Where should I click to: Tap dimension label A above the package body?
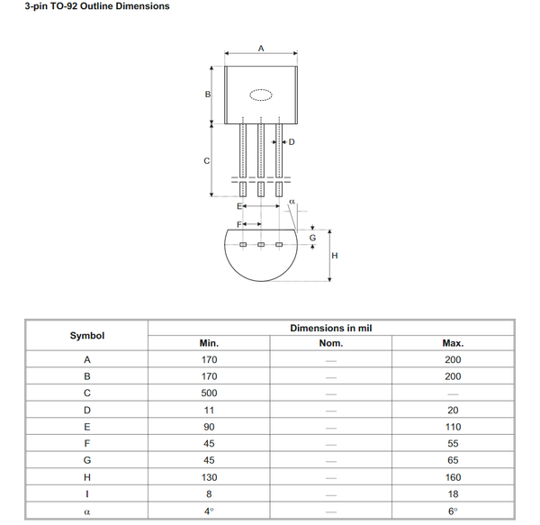pyautogui.click(x=261, y=48)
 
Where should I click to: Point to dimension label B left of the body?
pyautogui.click(x=207, y=95)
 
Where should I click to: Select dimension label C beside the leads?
pyautogui.click(x=207, y=161)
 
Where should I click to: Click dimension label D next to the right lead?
pyautogui.click(x=292, y=142)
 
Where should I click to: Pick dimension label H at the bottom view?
pyautogui.click(x=335, y=256)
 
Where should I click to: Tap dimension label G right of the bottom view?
pyautogui.click(x=312, y=238)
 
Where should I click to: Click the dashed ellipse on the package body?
pyautogui.click(x=261, y=95)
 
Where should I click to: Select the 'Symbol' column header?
pyautogui.click(x=87, y=336)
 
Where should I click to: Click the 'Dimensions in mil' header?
pyautogui.click(x=330, y=328)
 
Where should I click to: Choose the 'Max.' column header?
pyautogui.click(x=453, y=343)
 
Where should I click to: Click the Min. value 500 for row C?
pyautogui.click(x=209, y=394)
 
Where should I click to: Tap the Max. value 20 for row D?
pyautogui.click(x=453, y=410)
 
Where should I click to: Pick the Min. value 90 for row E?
pyautogui.click(x=209, y=427)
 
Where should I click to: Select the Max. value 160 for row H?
pyautogui.click(x=453, y=477)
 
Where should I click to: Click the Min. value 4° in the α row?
pyautogui.click(x=209, y=511)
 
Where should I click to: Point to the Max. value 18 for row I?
pyautogui.click(x=453, y=493)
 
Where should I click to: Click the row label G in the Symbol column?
pyautogui.click(x=87, y=460)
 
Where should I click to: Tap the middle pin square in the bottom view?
pyautogui.click(x=261, y=245)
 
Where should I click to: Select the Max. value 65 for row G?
pyautogui.click(x=453, y=460)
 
